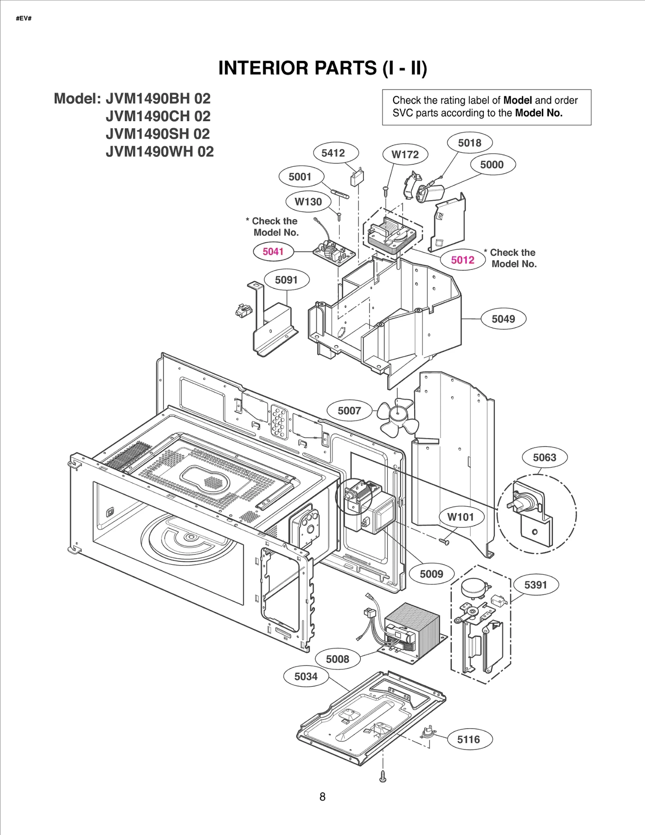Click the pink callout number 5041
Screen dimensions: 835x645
(273, 252)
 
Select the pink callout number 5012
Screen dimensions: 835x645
(462, 260)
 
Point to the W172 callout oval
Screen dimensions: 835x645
(405, 155)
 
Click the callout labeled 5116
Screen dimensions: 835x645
(468, 740)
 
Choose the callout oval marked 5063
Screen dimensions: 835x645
(544, 458)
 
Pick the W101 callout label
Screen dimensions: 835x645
(460, 517)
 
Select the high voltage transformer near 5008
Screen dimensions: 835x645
(411, 626)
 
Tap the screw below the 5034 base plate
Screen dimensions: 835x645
(383, 777)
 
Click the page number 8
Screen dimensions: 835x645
(322, 797)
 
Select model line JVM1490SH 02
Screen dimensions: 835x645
(158, 134)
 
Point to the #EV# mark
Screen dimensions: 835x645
(24, 19)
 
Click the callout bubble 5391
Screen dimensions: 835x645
(535, 585)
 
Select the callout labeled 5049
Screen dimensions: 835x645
(503, 319)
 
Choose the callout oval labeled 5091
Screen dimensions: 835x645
(286, 280)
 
